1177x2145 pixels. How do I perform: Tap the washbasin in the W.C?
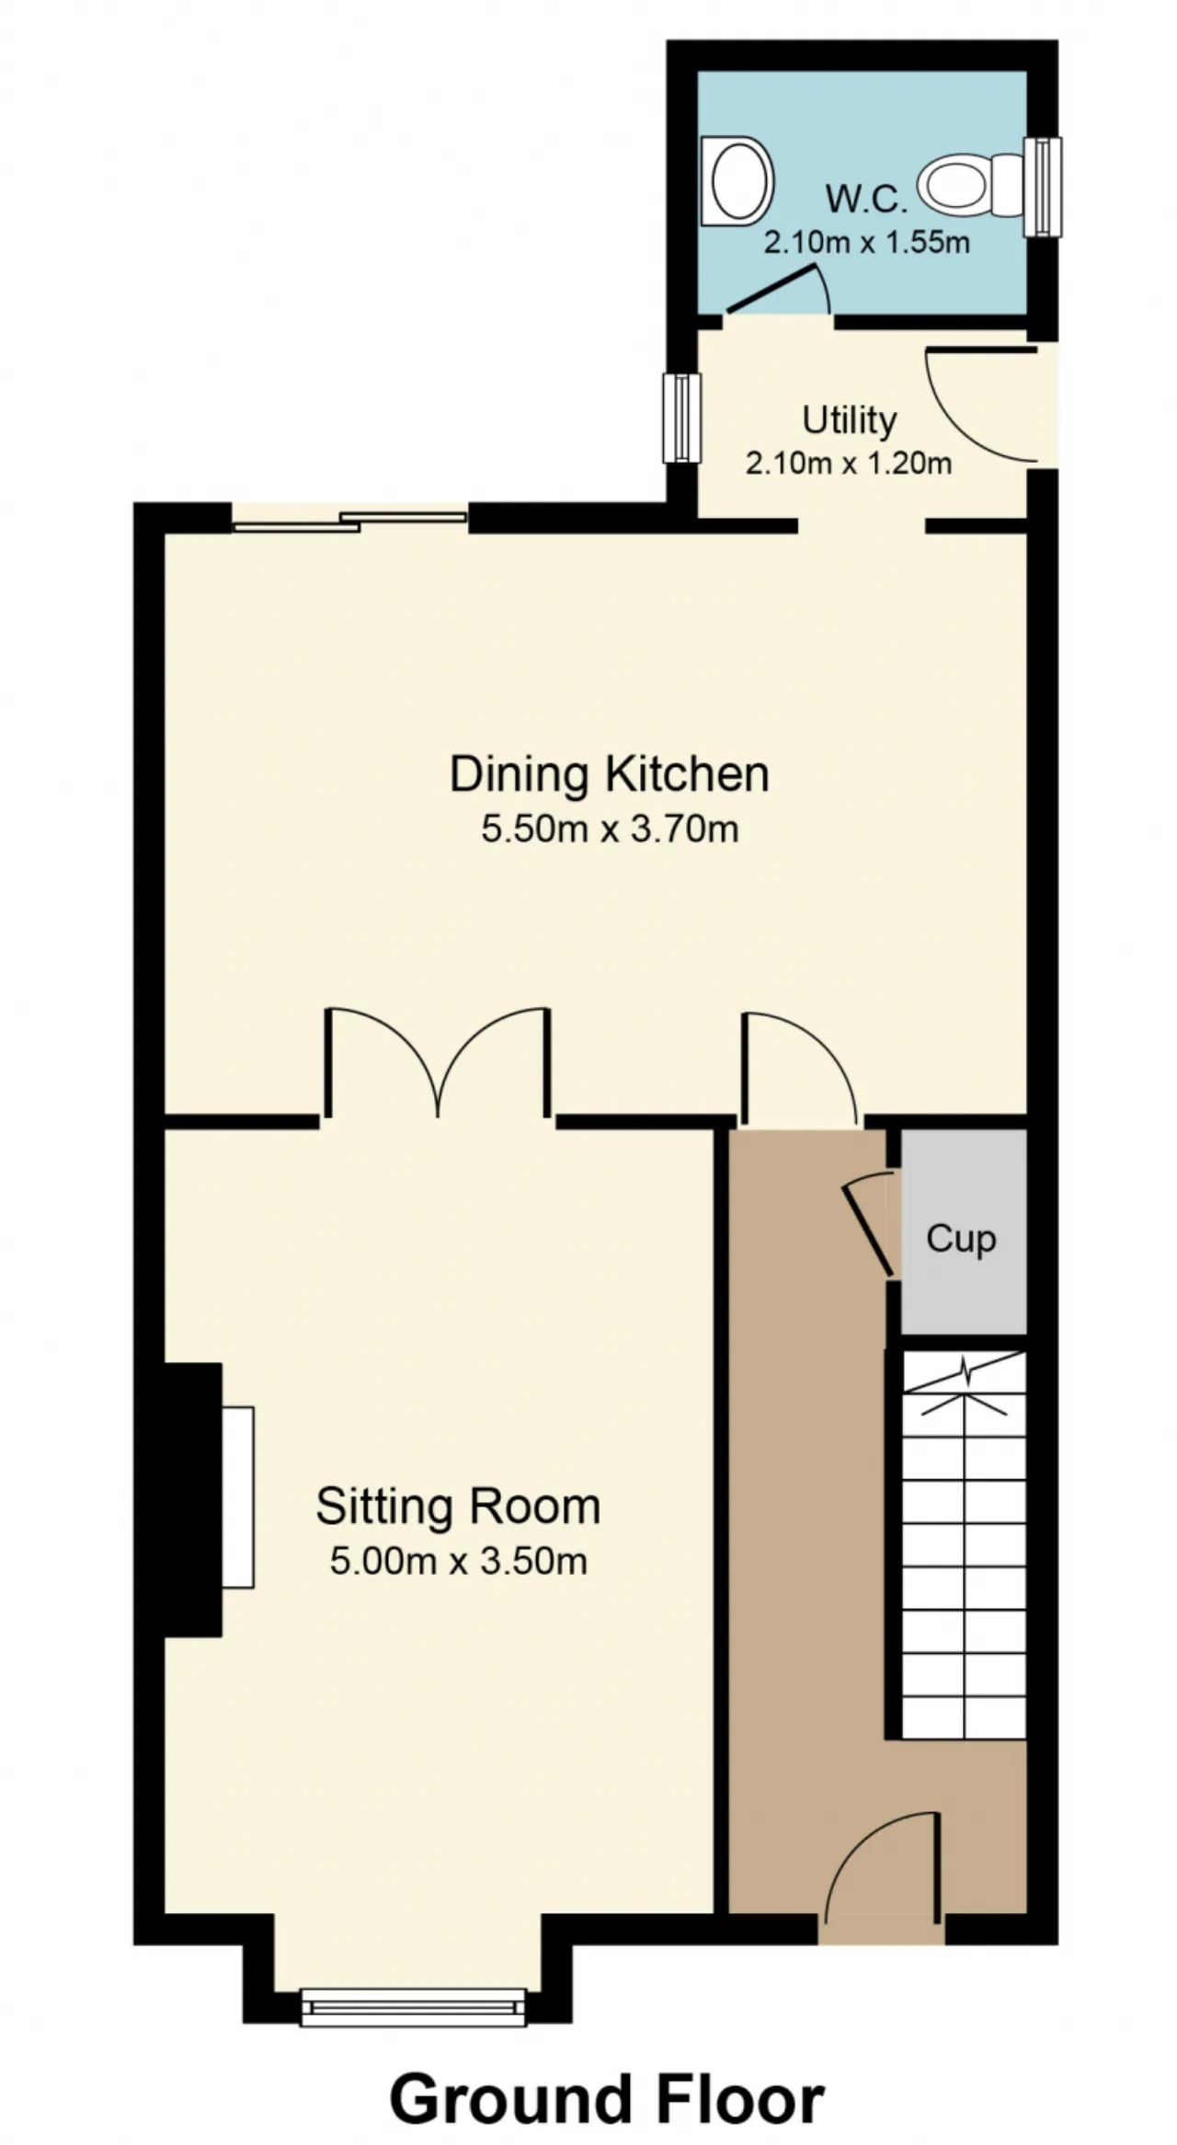click(x=737, y=181)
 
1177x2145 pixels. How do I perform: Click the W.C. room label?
click(x=866, y=199)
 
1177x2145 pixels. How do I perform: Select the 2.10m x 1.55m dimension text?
click(x=867, y=243)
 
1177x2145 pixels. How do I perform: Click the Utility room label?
click(x=849, y=420)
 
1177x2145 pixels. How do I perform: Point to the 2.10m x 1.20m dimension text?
click(x=848, y=463)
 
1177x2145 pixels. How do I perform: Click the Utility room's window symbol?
click(x=681, y=418)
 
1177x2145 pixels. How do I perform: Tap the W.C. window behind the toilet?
click(x=1043, y=187)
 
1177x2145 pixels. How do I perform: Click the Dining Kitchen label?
click(x=609, y=774)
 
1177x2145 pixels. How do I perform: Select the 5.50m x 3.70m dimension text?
click(x=610, y=829)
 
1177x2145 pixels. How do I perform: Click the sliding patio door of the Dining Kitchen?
click(x=349, y=521)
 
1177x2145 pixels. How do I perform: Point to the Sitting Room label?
click(x=458, y=1507)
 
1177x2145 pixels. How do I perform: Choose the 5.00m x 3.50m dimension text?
click(x=458, y=1561)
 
